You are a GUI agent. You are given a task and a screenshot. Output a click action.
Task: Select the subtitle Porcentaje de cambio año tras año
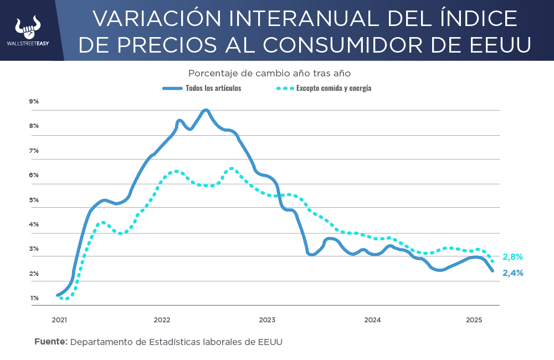(269, 73)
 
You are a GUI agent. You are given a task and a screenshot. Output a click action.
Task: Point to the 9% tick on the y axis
(34, 101)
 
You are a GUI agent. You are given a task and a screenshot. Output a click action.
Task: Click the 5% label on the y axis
(34, 199)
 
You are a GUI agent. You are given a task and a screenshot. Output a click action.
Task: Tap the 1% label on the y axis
(34, 298)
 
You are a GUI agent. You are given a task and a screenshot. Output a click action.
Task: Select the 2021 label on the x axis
(59, 320)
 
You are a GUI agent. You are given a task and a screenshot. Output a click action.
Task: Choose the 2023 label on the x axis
(267, 320)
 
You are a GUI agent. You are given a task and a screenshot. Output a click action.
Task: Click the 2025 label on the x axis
(474, 320)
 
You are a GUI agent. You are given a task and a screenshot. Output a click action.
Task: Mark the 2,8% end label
(512, 257)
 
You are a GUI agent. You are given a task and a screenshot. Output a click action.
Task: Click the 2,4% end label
(513, 273)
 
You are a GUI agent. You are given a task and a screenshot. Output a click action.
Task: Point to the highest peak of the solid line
(206, 110)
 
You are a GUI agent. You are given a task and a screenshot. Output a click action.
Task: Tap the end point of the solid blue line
(493, 270)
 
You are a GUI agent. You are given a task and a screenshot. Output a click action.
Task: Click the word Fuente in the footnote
(50, 341)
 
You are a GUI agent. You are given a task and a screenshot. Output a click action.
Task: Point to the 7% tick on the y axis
(34, 151)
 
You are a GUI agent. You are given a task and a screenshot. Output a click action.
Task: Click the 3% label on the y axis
(34, 249)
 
